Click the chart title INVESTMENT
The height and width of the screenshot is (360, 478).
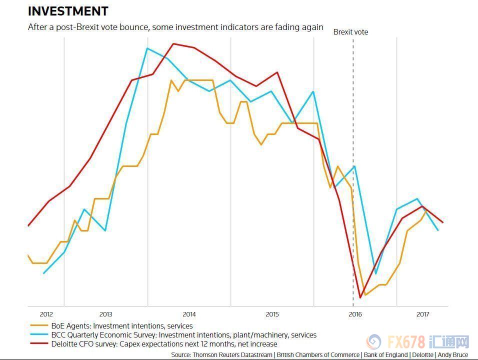(x=68, y=11)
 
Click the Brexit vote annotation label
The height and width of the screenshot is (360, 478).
(x=350, y=32)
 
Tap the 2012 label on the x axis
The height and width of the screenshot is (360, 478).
(x=46, y=314)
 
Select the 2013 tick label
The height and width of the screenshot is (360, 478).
(x=105, y=314)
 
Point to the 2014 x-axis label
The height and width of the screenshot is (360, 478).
(x=189, y=314)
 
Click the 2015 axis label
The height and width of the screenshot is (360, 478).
(x=272, y=314)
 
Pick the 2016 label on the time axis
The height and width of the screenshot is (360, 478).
(x=355, y=314)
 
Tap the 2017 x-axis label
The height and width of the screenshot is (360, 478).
(x=423, y=314)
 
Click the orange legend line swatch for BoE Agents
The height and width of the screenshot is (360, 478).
(x=38, y=326)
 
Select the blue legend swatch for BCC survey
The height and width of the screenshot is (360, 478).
(x=38, y=335)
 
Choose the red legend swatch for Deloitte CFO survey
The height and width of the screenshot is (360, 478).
(x=38, y=344)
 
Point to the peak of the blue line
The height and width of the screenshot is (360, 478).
(x=147, y=48)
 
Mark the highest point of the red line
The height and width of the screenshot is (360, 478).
(x=173, y=43)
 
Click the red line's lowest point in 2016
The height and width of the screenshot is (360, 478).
(x=360, y=298)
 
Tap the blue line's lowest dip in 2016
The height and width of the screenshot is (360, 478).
(x=375, y=273)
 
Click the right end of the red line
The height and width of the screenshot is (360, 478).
(x=443, y=222)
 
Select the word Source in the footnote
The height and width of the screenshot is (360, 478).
(x=180, y=354)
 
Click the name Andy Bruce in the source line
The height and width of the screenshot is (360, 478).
(x=453, y=354)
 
